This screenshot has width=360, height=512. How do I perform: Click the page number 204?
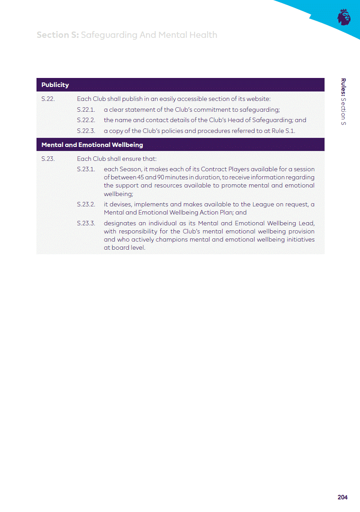point(342,497)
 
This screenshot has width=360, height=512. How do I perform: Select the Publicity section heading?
point(55,85)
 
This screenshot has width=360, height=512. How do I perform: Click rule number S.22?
point(48,99)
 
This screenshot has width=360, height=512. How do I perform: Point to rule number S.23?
point(48,159)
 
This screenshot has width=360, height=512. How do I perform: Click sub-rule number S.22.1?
point(86,110)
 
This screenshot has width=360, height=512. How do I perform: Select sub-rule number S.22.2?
point(86,120)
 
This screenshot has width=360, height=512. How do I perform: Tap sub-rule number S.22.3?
point(86,131)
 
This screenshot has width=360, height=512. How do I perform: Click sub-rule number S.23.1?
point(86,169)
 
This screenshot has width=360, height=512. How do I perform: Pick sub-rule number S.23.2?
point(86,204)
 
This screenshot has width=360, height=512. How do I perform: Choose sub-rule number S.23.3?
point(86,223)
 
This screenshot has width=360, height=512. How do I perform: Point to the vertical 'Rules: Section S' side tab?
point(343,102)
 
